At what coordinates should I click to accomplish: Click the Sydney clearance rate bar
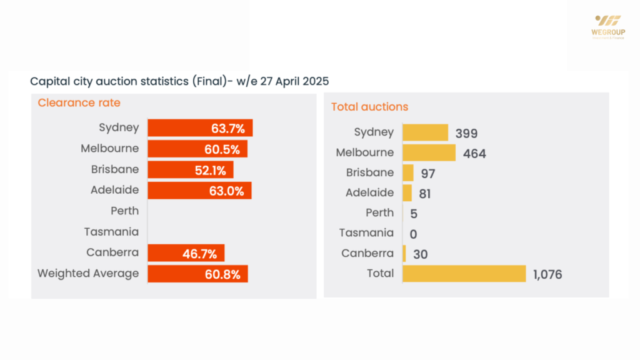pos(200,128)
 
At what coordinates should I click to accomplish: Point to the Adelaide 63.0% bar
pos(199,191)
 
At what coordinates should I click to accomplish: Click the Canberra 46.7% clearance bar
pos(186,253)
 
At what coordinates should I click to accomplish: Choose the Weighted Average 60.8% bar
pos(197,274)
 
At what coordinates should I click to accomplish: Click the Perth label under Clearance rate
pos(125,211)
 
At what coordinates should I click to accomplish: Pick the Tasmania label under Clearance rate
pos(112,232)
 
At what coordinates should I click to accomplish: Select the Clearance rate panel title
pos(79,102)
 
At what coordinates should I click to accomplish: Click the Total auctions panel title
pos(369,107)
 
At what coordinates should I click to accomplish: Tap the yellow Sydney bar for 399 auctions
pos(425,132)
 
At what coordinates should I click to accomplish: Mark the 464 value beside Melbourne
pos(474,153)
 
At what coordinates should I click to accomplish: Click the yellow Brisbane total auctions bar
pos(408,173)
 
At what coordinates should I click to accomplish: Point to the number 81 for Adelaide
pos(424,194)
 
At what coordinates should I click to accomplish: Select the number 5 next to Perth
pos(414,214)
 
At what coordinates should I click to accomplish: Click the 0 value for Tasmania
pos(414,234)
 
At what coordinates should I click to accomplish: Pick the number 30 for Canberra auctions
pos(420,254)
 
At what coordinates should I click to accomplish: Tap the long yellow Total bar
pos(464,274)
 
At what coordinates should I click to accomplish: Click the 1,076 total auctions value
pos(548,274)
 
